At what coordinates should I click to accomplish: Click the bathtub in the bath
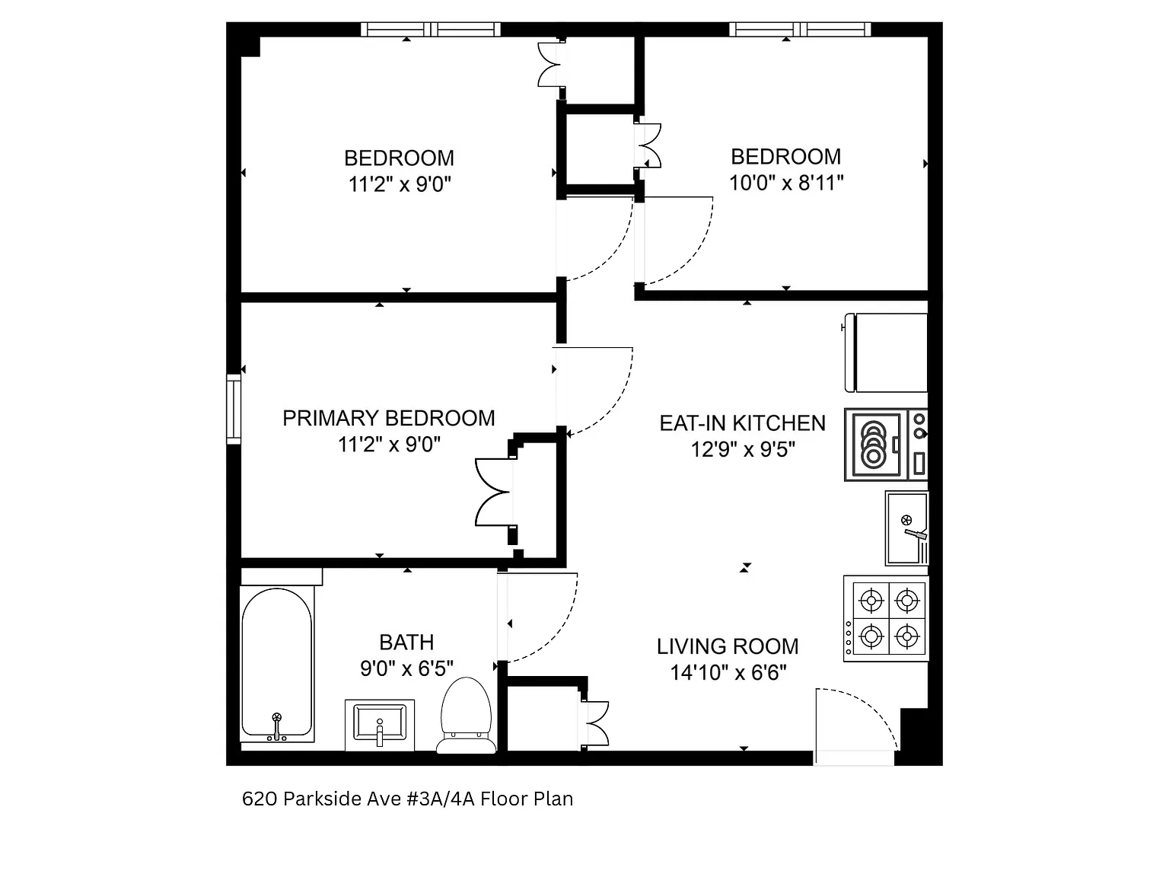277,662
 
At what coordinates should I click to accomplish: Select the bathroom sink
380,724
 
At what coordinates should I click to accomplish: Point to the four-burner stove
887,618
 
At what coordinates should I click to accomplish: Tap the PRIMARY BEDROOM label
388,418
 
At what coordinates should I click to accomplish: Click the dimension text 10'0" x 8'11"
786,183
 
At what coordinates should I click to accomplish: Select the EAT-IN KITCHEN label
742,423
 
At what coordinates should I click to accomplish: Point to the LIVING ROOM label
728,647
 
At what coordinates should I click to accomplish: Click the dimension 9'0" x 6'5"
406,668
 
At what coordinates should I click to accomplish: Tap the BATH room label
406,643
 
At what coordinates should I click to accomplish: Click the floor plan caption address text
407,799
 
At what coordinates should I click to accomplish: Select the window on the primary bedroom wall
233,409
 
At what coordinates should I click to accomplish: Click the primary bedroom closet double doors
493,492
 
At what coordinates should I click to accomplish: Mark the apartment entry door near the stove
854,723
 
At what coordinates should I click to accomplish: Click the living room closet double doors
597,722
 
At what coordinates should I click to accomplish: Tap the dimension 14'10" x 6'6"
728,673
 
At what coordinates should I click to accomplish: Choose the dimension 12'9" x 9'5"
742,449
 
